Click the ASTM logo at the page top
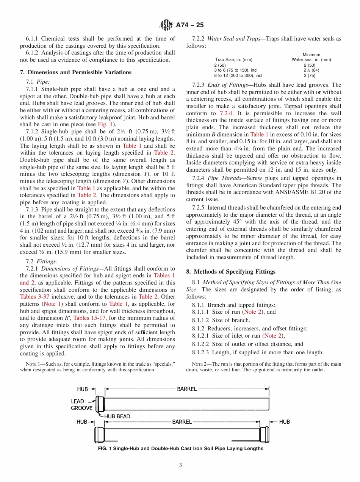point(166,25)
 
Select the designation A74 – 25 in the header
point(190,25)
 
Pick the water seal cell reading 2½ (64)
point(311,70)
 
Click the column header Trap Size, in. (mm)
point(234,59)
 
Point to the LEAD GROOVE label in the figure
point(81,405)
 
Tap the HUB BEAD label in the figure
point(117,416)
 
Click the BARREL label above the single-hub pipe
point(187,389)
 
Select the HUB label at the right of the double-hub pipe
point(284,422)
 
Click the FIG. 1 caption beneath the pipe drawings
point(180,449)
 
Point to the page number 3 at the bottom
point(180,465)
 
